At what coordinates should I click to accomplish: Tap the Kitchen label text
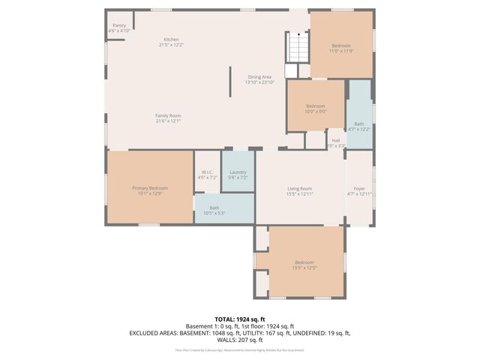pos(171,39)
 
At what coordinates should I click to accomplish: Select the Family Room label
pos(168,115)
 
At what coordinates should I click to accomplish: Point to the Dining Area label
pos(259,76)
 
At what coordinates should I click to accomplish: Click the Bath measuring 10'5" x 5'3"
pos(214,210)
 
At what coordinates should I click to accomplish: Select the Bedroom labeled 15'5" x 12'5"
pos(304,264)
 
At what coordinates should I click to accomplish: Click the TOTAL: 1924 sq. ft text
pos(239,319)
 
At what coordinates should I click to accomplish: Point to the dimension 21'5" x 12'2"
pos(171,45)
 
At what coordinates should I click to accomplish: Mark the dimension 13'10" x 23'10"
pos(259,82)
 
